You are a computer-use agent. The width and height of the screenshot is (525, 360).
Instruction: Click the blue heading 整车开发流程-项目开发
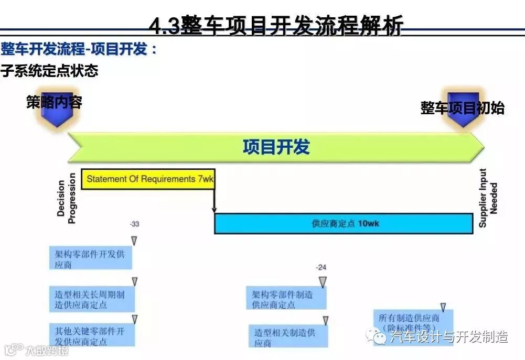(x=79, y=50)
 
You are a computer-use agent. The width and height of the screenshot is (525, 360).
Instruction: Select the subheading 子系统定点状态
(x=49, y=71)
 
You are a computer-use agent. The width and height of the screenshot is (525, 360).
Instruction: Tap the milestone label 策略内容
(x=54, y=102)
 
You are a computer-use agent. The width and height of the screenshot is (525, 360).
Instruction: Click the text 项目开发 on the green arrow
(x=276, y=147)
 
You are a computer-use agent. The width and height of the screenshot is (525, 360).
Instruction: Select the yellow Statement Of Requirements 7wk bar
(x=149, y=179)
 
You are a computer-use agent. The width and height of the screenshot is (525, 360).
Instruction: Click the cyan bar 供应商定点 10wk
(x=344, y=223)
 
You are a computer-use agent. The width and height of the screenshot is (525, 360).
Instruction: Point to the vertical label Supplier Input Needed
(x=487, y=198)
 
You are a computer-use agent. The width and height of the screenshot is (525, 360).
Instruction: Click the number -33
(x=135, y=224)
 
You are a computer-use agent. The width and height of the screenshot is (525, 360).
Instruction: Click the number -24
(x=322, y=268)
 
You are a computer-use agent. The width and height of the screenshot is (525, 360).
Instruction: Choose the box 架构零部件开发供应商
(x=90, y=259)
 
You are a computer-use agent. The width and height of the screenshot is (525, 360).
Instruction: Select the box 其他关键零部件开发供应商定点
(x=90, y=336)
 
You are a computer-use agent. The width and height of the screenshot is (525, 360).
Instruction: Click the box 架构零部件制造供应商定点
(x=286, y=299)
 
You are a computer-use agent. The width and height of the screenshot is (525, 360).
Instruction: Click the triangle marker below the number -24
(x=323, y=282)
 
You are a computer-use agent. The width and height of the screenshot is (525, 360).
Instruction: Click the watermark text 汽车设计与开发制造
(x=449, y=336)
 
